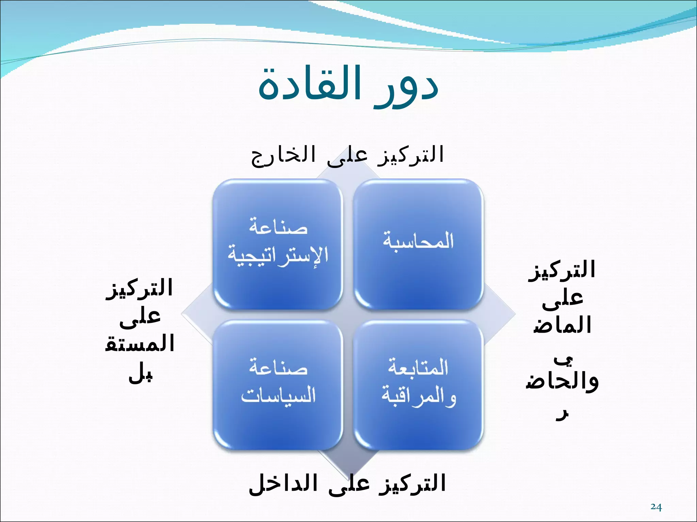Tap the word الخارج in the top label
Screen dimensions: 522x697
(283, 155)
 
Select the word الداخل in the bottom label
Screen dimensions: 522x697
(283, 484)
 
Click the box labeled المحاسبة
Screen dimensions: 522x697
(418, 244)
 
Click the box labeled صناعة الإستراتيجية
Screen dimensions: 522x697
(278, 244)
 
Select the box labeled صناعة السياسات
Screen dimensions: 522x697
(278, 385)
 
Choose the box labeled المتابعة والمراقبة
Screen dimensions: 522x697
(418, 385)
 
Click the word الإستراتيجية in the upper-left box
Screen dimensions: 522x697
(278, 256)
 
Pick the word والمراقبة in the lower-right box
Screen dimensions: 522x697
(419, 396)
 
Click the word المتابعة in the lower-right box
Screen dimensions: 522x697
(418, 368)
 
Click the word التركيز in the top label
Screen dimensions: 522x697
(410, 155)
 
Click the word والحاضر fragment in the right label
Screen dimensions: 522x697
(562, 382)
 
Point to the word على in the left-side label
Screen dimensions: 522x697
(140, 318)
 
